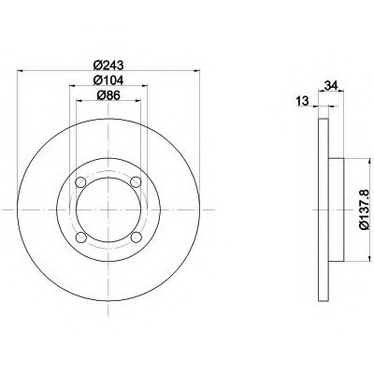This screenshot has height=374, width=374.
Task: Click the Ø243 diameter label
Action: [108, 65]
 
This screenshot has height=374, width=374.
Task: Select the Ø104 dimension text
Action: [108, 80]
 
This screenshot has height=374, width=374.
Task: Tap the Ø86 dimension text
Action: [108, 95]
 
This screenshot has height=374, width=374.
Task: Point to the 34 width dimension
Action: [331, 85]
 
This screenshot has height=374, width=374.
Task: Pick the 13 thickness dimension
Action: [302, 101]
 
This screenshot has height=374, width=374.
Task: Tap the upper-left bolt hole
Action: [80, 181]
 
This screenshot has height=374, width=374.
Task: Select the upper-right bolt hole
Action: [136, 181]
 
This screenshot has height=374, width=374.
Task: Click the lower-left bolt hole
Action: [80, 237]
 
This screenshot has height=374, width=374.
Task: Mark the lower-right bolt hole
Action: [136, 237]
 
